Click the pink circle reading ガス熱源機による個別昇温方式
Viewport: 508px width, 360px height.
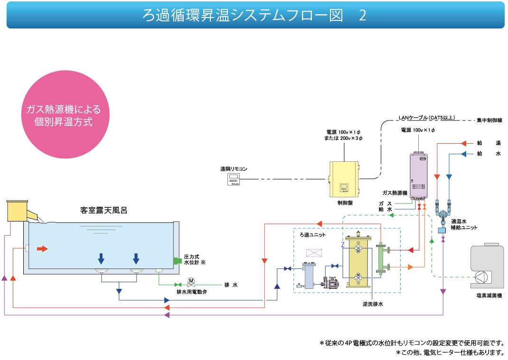66,114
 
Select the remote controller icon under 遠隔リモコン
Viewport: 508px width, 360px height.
233,179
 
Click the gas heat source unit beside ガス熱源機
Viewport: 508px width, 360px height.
419,176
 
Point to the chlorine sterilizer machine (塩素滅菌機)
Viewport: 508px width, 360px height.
487,267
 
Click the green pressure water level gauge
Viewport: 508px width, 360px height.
178,260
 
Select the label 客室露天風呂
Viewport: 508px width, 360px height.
103,211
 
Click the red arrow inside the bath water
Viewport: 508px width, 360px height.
42,249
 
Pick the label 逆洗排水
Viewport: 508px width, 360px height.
373,304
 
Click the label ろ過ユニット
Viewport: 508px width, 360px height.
313,235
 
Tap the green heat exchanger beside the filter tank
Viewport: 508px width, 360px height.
381,259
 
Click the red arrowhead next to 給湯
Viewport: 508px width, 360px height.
464,143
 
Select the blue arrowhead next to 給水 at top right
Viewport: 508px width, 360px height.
464,154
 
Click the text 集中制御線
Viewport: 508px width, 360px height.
489,120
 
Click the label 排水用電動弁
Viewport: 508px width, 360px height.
192,292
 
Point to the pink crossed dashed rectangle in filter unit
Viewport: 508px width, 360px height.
314,253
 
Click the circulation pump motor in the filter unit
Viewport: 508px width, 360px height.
330,282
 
